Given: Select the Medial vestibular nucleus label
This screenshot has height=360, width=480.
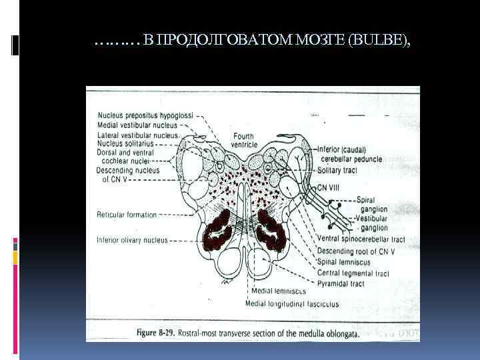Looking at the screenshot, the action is pos(137,125).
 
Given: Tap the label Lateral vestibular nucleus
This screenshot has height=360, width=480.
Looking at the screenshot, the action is pos(138,134).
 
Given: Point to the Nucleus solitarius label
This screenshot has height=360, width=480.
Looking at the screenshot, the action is pos(125,143).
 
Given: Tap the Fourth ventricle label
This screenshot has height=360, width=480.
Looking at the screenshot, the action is pos(243,141).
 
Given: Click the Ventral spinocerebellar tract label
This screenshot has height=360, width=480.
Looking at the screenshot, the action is pos(361,238).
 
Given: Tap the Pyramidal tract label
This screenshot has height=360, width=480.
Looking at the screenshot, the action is pos(341,283).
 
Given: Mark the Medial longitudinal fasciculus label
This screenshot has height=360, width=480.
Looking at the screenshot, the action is pos(292,304).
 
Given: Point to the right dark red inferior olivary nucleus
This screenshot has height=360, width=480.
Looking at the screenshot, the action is pos(272,230).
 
